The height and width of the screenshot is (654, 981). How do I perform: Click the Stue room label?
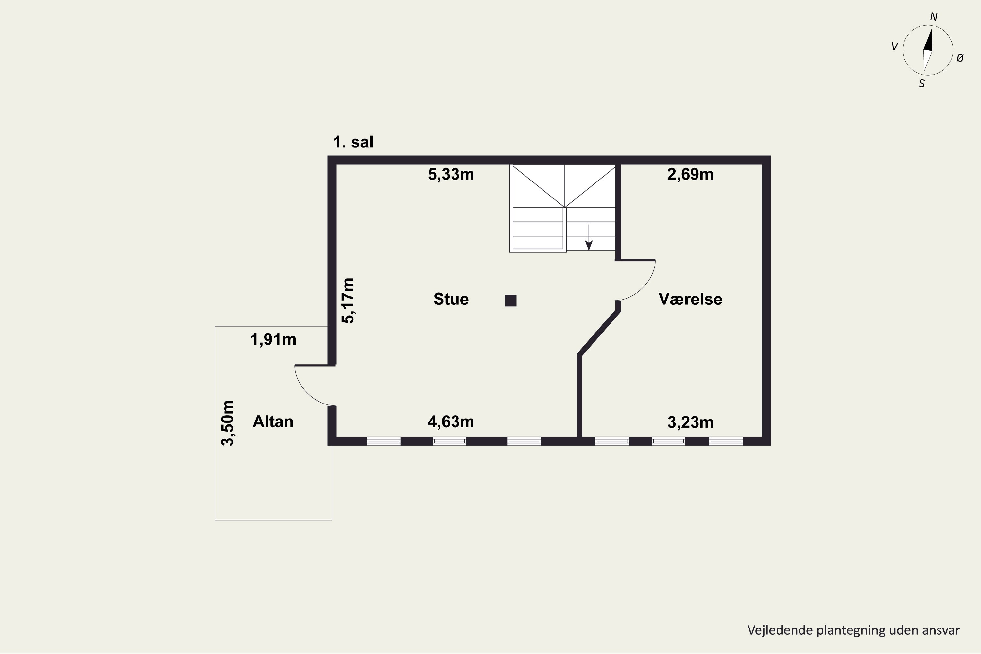pos(451,299)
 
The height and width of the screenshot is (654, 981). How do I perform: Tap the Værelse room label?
pos(690,299)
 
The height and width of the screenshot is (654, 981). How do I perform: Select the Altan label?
pos(273,422)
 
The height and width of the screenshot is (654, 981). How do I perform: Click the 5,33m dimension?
pos(451,174)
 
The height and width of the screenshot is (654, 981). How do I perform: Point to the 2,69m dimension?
pos(690,174)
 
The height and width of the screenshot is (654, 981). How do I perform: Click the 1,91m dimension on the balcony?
pos(273,339)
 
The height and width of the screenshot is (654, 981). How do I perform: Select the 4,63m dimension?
pos(451,422)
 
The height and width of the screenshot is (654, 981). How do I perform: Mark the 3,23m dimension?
pos(690,422)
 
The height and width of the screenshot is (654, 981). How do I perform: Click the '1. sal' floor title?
pos(353,142)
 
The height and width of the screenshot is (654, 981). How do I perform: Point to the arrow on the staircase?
pos(589,237)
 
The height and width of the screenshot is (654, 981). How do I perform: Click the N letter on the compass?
pos(934,17)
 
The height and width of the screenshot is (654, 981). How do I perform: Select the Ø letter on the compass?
pos(960,59)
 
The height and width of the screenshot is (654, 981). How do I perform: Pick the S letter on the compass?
pos(922,84)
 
